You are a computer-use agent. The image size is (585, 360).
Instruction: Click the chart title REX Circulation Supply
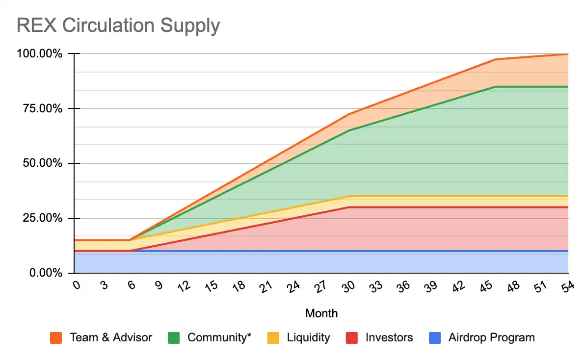[118, 25]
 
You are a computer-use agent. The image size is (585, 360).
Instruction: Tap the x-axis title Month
[321, 313]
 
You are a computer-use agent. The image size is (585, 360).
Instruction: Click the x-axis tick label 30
[348, 288]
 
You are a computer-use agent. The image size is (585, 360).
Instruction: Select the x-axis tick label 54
[567, 288]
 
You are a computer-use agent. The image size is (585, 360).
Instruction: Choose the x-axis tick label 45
[485, 288]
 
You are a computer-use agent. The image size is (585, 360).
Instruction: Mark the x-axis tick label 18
[239, 288]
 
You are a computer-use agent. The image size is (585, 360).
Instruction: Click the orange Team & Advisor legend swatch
[56, 338]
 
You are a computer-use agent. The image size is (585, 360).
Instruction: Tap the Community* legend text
[219, 337]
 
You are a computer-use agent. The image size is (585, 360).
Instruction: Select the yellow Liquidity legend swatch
[274, 338]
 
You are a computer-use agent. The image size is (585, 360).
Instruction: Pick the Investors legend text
[389, 337]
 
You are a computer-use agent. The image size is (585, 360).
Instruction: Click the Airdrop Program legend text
[491, 337]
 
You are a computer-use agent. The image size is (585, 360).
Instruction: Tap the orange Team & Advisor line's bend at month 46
[495, 59]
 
